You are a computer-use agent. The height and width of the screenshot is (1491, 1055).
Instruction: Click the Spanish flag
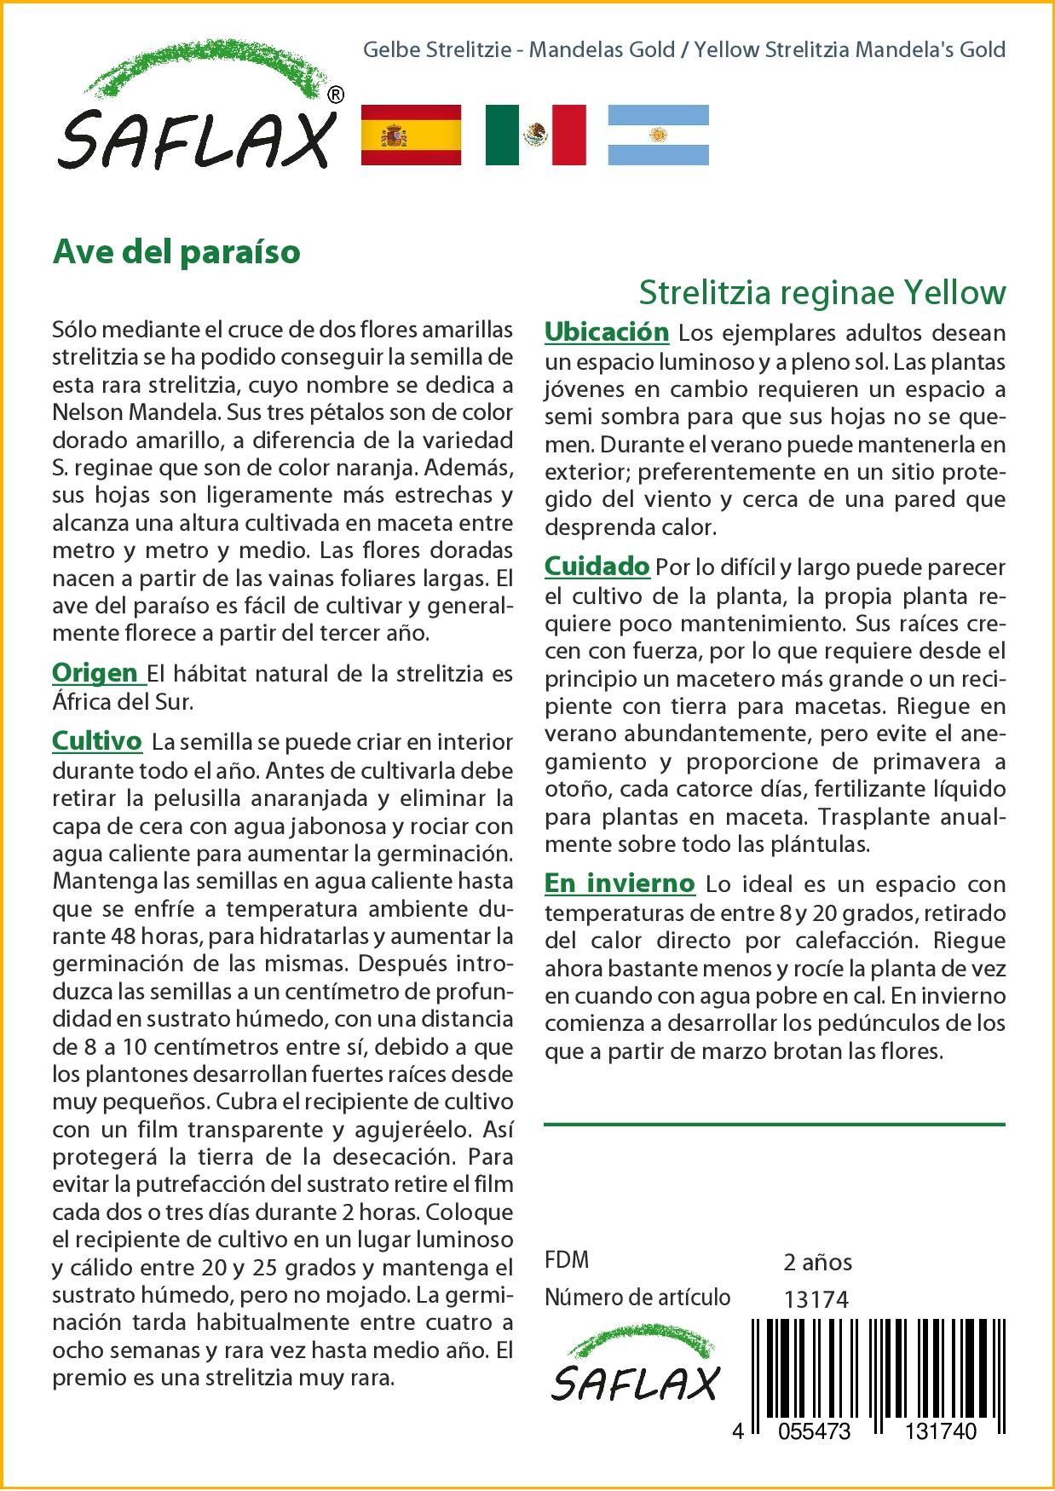(x=412, y=135)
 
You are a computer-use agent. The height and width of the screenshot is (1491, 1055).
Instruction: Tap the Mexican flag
(x=535, y=135)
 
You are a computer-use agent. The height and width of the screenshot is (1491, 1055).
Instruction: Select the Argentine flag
(x=658, y=135)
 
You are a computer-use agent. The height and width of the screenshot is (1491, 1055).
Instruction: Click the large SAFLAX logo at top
(x=197, y=111)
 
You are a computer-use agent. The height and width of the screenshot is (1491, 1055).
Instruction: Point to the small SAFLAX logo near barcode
(x=635, y=1371)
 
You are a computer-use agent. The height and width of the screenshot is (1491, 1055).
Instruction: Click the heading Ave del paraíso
(x=176, y=252)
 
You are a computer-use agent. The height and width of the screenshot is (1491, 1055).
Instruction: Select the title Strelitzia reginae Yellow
(x=822, y=292)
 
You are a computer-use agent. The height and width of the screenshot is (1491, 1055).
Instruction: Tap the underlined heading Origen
(x=96, y=673)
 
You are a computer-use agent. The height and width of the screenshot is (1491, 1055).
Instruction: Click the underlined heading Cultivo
(x=97, y=741)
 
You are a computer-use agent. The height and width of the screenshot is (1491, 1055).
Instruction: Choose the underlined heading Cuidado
(x=597, y=566)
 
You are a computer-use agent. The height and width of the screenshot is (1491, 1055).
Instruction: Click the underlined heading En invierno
(x=620, y=884)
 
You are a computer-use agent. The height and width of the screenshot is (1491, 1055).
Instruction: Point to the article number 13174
(x=816, y=1299)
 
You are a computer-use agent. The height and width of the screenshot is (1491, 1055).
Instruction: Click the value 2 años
(x=817, y=1262)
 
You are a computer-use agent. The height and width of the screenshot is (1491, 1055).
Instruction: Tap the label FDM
(x=567, y=1260)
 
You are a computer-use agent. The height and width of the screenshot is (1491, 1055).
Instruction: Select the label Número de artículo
(x=637, y=1298)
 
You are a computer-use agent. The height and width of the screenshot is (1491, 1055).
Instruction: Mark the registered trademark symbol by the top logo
(x=336, y=95)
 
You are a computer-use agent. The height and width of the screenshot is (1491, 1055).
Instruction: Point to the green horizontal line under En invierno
(x=774, y=1125)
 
